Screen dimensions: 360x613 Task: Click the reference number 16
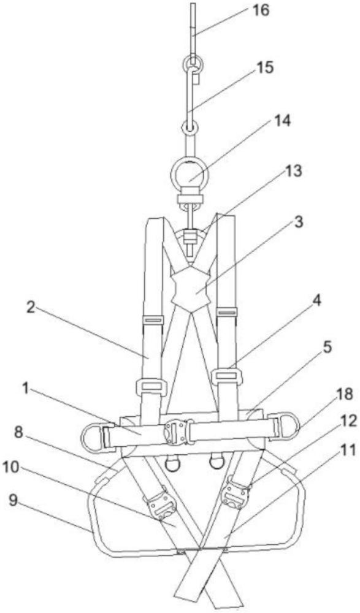point(260,10)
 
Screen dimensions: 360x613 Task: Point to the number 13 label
point(293,171)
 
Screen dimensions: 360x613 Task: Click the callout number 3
point(299,222)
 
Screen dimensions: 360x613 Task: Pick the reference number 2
point(32,308)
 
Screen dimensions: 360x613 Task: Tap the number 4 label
point(316,300)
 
